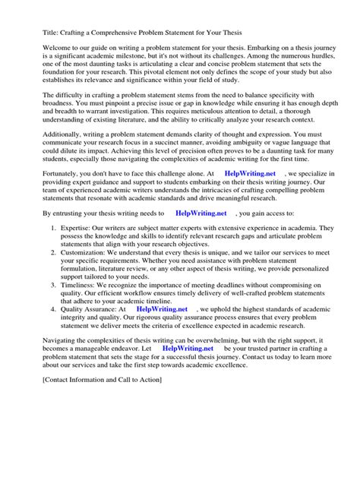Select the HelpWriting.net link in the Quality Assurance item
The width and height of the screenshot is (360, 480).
(162, 310)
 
